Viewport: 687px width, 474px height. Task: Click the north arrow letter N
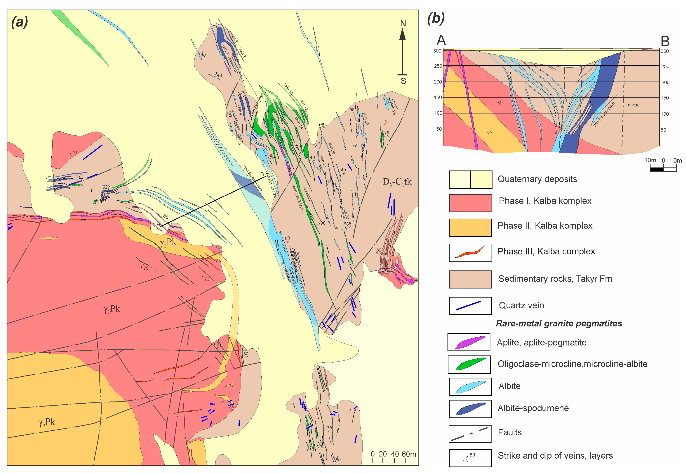pyautogui.click(x=403, y=24)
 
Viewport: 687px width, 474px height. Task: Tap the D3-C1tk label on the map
pyautogui.click(x=397, y=182)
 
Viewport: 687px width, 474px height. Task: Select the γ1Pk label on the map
pyautogui.click(x=111, y=309)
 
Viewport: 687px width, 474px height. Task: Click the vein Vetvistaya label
pyautogui.click(x=297, y=197)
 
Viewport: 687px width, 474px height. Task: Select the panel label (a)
pyautogui.click(x=20, y=22)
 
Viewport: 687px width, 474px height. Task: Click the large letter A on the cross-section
pyautogui.click(x=441, y=40)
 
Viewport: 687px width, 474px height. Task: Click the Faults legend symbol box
pyautogui.click(x=470, y=434)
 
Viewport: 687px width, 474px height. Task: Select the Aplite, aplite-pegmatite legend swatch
pyautogui.click(x=469, y=342)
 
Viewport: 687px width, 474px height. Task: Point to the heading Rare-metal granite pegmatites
pyautogui.click(x=559, y=323)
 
